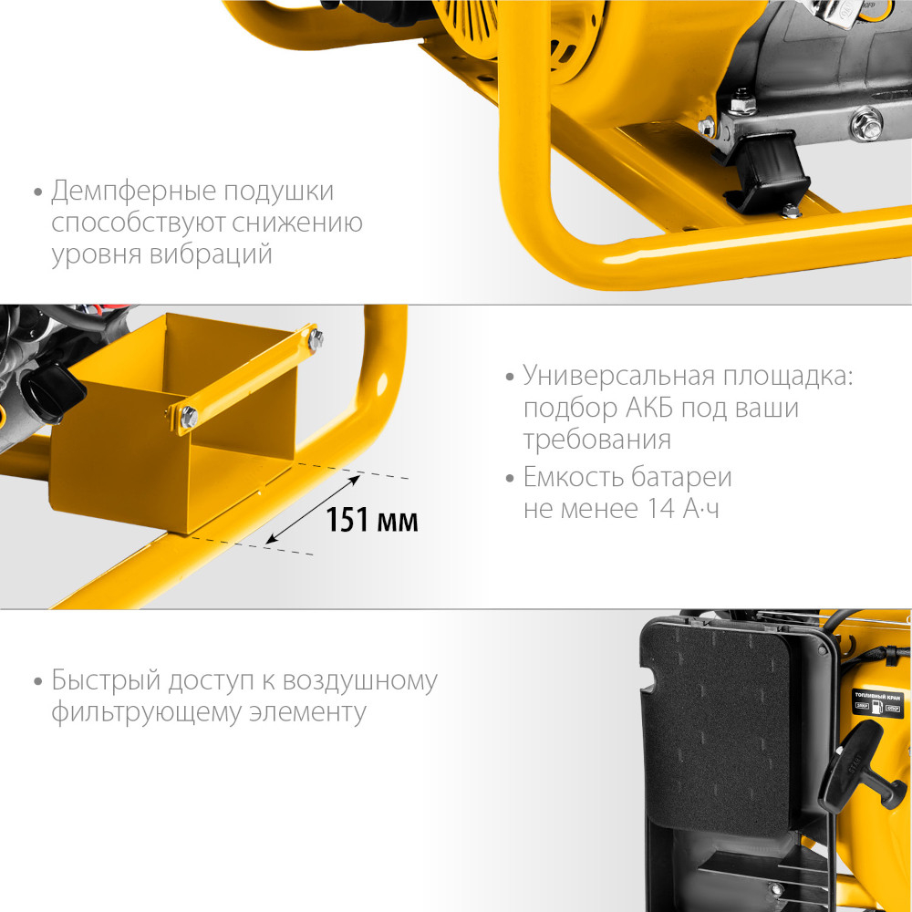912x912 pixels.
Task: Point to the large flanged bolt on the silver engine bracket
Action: [865, 124]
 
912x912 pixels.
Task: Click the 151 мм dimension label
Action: [372, 521]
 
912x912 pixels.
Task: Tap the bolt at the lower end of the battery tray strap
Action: [189, 417]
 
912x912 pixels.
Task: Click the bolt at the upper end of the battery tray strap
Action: [316, 339]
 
